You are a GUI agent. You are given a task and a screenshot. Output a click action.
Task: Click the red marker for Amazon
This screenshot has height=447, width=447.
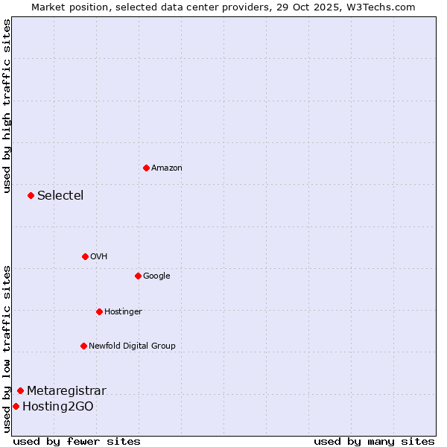[146, 168]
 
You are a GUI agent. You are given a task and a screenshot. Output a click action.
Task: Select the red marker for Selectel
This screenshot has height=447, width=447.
[31, 195]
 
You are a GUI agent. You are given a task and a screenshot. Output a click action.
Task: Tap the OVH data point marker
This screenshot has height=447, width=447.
[85, 256]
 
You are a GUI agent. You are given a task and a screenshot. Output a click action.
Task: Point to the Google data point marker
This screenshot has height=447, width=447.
[138, 276]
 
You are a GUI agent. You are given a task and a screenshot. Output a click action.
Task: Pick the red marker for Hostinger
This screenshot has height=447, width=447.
[99, 311]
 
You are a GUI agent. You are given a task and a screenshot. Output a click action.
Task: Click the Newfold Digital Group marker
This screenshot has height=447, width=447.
[83, 346]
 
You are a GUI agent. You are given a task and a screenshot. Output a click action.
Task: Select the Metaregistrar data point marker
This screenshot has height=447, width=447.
[20, 390]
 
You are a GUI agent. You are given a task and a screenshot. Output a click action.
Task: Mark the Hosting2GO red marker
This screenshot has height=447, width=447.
[16, 406]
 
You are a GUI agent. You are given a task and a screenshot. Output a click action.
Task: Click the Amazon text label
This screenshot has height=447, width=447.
[167, 168]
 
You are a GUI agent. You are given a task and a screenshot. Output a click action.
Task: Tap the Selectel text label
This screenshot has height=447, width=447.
[60, 196]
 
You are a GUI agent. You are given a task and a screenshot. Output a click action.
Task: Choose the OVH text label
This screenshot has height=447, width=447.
[99, 257]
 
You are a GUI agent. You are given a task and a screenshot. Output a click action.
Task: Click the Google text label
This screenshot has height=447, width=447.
[156, 276]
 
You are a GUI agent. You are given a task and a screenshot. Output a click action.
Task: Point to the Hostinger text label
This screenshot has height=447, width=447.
[123, 312]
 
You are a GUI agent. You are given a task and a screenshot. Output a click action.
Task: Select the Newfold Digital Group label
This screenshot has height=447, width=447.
[132, 346]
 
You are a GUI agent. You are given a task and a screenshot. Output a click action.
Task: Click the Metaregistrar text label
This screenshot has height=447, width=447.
[66, 391]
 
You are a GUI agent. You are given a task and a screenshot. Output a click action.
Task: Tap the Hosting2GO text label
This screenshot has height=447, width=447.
[58, 407]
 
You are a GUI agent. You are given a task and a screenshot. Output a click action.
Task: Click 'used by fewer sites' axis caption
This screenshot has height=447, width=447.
[77, 442]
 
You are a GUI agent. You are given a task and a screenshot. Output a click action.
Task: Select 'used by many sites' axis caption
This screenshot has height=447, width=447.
[374, 442]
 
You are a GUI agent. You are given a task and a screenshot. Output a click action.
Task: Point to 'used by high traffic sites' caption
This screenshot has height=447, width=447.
[7, 106]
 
